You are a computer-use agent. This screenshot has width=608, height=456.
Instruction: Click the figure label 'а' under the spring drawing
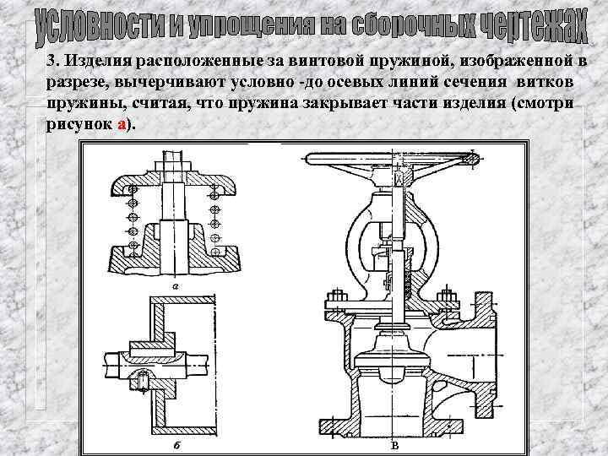(174, 285)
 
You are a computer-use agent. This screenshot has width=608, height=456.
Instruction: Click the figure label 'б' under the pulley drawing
(175, 442)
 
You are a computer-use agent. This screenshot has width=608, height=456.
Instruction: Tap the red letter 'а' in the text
(122, 123)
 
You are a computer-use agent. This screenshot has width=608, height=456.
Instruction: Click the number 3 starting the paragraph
(51, 62)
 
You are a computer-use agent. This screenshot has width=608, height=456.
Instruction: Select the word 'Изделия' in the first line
(96, 62)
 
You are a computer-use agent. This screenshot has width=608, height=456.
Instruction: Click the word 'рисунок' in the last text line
(79, 123)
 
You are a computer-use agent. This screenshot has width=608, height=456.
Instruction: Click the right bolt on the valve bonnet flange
(448, 299)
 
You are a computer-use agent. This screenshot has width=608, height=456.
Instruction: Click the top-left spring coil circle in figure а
(133, 187)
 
